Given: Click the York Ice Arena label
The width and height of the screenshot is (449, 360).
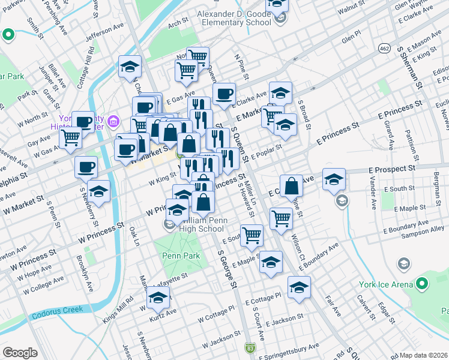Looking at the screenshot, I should [x=388, y=284].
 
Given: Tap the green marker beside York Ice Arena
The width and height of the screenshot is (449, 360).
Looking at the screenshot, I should [x=422, y=283].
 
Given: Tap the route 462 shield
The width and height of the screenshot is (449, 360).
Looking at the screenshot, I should [x=384, y=47].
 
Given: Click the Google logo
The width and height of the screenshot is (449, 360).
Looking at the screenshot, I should [x=20, y=353].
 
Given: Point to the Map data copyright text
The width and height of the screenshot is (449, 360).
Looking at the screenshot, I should [x=424, y=355].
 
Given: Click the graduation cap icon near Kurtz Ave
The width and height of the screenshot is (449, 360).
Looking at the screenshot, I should [x=158, y=298].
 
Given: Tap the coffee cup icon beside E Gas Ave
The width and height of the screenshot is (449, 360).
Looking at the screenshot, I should [x=224, y=93].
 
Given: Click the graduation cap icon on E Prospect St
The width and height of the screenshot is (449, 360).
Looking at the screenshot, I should [x=334, y=179].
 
